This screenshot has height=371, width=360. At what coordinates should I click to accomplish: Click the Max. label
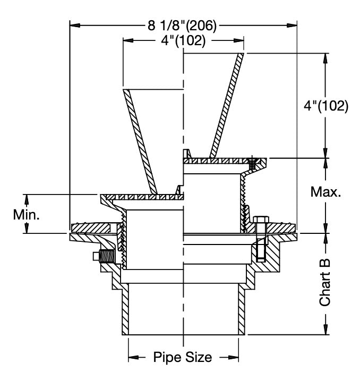(x=325, y=192)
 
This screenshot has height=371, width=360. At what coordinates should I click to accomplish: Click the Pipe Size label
(x=183, y=357)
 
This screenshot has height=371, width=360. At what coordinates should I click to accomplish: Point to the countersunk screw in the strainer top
(x=253, y=161)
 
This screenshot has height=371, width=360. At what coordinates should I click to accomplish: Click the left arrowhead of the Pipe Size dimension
(x=132, y=357)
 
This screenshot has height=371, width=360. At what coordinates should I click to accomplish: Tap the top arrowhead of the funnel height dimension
(x=325, y=57)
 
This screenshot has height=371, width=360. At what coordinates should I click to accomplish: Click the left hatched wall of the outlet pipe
(x=126, y=311)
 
